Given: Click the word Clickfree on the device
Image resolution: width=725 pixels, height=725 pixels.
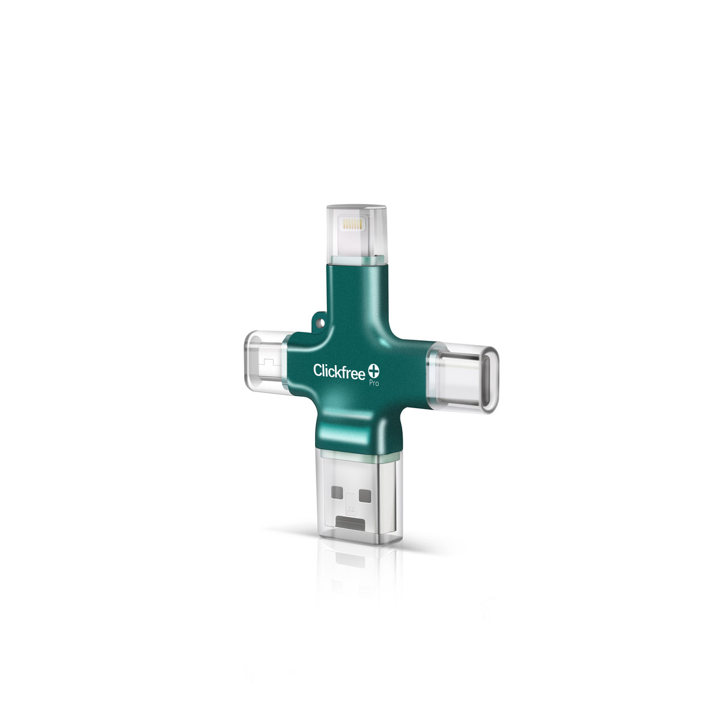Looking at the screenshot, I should point(338,370).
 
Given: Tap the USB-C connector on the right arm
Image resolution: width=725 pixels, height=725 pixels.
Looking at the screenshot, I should point(463,372).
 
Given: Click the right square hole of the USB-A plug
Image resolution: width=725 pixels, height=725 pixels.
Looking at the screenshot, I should point(364,496).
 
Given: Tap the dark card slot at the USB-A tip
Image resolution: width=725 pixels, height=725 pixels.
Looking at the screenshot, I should point(352,521).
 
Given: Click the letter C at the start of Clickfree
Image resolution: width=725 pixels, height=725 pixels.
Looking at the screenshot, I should point(317,370).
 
